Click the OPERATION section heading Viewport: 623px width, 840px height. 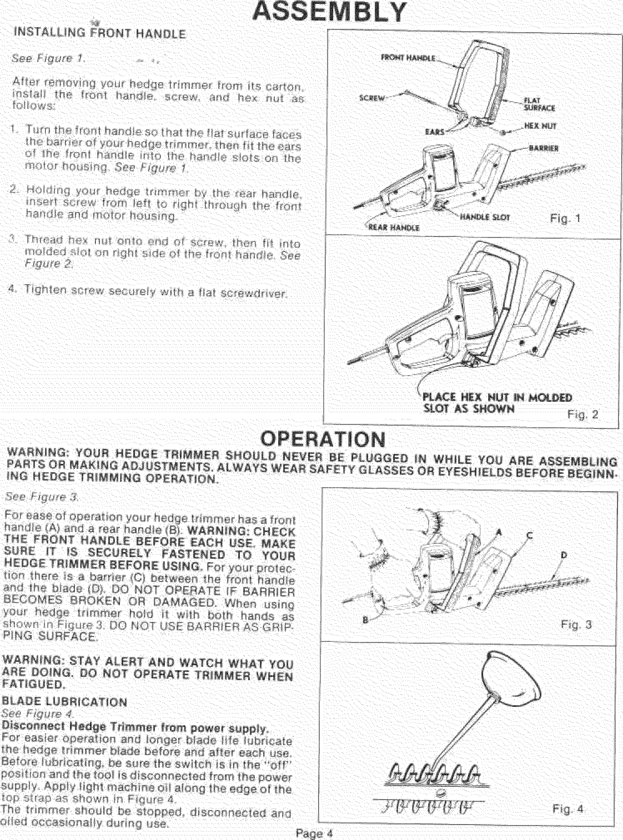[323, 439]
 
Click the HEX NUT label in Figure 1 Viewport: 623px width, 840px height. [540, 126]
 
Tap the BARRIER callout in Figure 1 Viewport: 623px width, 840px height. [544, 148]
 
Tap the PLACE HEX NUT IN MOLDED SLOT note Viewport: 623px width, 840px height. [496, 403]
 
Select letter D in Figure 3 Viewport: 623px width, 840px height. [564, 555]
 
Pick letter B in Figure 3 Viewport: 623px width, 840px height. [365, 620]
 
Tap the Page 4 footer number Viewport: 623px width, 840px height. [314, 833]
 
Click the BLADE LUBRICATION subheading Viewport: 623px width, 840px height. [65, 702]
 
